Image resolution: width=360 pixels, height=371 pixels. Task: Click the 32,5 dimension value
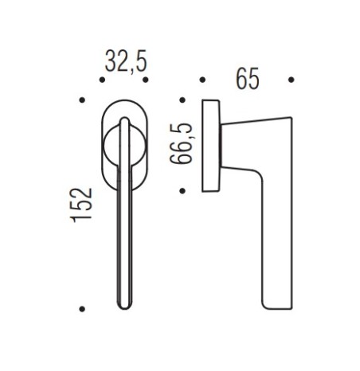126,63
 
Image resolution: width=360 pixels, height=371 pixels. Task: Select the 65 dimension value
248,80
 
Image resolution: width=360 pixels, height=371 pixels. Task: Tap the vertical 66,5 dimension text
183,144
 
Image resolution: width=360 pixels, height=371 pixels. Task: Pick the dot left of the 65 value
203,80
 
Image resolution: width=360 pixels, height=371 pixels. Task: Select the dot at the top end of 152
82,100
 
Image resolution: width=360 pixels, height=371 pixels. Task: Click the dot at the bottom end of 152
82,309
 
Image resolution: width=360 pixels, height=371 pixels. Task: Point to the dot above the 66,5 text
183,100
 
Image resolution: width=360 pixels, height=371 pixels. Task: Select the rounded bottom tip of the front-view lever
125,305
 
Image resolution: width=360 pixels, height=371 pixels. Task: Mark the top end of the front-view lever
124,119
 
